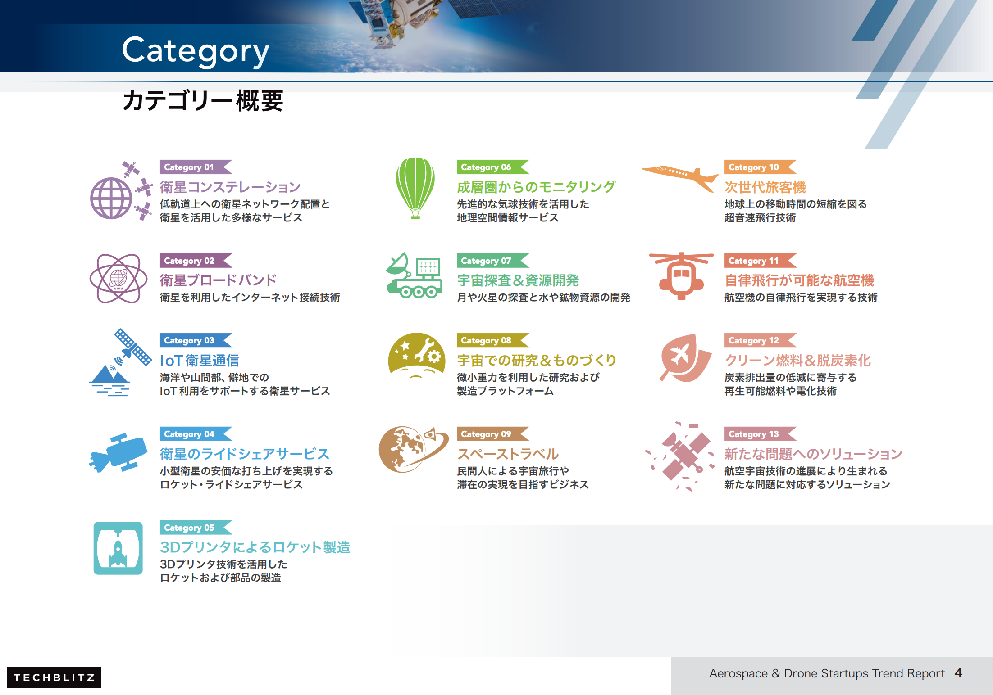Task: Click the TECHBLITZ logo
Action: [54, 677]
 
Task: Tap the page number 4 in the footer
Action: [958, 673]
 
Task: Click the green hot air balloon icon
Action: [415, 188]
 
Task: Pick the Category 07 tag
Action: [493, 261]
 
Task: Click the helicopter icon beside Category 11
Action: [681, 275]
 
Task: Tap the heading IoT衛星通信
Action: [200, 361]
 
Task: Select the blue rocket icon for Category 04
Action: [118, 452]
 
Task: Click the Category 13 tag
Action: [761, 434]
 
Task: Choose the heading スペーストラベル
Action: [508, 454]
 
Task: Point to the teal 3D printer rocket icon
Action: [118, 548]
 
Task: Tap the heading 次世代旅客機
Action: [765, 187]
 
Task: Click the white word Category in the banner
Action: [196, 51]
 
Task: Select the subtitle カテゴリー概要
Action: [203, 100]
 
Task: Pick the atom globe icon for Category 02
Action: [118, 278]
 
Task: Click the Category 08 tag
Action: [493, 340]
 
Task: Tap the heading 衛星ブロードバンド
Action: [218, 280]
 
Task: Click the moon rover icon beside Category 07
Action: [414, 275]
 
